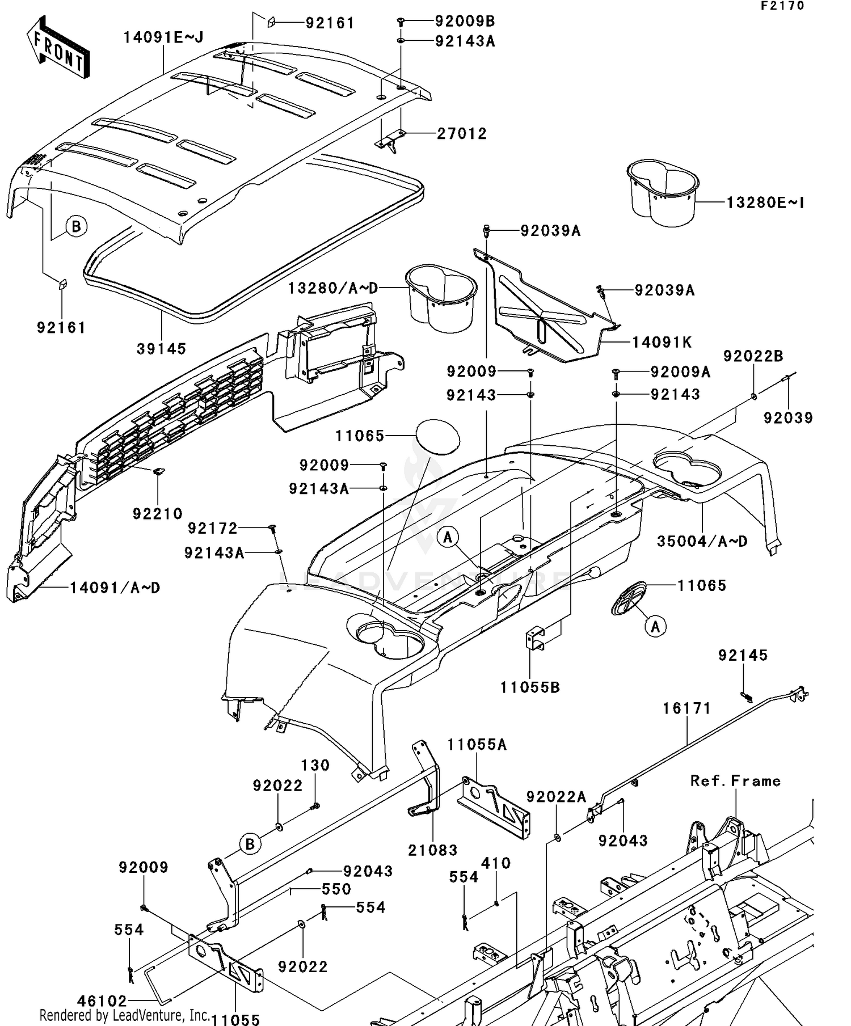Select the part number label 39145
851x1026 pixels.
161,349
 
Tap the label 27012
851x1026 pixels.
462,134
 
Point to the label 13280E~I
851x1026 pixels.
765,202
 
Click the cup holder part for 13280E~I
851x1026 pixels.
662,192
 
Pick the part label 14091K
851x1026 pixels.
662,343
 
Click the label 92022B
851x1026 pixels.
753,356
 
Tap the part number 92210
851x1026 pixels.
157,514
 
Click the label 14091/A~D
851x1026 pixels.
115,588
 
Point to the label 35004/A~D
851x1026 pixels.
702,542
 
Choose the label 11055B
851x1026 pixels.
529,687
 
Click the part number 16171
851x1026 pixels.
686,708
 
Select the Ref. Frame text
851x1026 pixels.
735,781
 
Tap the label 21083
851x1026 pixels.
432,850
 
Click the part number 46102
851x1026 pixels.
102,1002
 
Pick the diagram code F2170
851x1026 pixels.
782,6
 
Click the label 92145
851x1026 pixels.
743,656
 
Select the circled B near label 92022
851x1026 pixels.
250,844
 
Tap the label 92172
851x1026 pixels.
213,529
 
